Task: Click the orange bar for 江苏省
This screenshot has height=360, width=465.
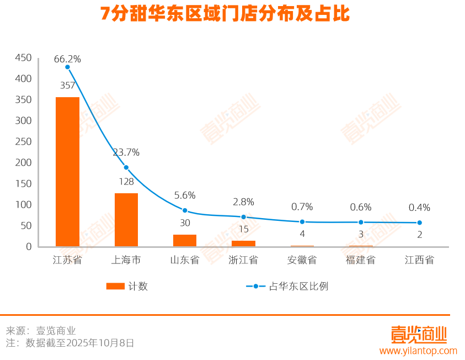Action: coord(67,172)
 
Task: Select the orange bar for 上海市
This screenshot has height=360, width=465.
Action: coord(126,220)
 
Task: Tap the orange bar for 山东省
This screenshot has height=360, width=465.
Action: coord(185,240)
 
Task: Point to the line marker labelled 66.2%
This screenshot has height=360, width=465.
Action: coord(67,67)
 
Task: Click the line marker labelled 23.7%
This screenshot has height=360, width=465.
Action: coord(126,167)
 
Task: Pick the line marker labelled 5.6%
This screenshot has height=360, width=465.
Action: coord(185,210)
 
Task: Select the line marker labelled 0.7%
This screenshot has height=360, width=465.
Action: coord(302,221)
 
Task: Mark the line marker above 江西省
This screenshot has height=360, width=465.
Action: coord(419,223)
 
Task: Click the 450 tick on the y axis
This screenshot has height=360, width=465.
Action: coord(23,58)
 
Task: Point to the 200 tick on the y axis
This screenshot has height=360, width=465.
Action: coord(23,163)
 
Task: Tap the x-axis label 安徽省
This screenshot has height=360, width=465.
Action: coord(302,260)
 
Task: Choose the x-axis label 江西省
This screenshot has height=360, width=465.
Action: coord(419,260)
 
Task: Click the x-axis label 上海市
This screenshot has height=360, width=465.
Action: coord(126,260)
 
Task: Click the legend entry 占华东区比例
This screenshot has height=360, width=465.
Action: coord(298,286)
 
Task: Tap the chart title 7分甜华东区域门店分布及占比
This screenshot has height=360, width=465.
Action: coord(225,14)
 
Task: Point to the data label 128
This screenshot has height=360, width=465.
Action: coord(126,182)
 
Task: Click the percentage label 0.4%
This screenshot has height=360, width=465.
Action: coord(419,208)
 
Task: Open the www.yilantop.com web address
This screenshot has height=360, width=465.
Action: coord(418,351)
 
